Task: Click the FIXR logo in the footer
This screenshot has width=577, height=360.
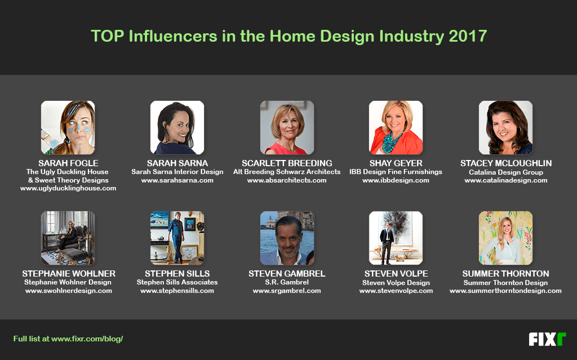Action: click(547, 339)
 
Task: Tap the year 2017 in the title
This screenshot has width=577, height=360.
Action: click(468, 36)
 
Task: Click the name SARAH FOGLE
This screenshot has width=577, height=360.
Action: click(68, 163)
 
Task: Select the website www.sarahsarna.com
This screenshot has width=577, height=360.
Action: click(177, 180)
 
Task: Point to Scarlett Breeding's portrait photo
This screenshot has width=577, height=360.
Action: click(287, 127)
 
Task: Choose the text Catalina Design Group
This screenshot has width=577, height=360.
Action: click(506, 172)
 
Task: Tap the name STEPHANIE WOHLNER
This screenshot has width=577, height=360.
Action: click(69, 273)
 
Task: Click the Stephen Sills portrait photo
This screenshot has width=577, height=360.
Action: click(177, 238)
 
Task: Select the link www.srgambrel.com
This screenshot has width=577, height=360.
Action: click(287, 291)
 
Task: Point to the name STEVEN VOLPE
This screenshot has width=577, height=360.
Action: click(396, 273)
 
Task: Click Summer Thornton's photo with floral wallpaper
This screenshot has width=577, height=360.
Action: click(505, 238)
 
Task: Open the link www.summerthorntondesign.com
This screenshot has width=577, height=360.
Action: click(505, 291)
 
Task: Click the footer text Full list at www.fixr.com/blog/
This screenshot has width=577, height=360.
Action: click(68, 339)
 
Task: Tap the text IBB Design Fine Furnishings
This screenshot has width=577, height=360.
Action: click(396, 172)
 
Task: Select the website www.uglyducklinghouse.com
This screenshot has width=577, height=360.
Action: click(68, 189)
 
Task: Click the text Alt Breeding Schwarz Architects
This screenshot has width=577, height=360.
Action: click(287, 172)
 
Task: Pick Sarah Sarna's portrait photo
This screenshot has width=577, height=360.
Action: click(177, 127)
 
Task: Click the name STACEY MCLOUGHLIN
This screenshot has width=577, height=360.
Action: click(506, 163)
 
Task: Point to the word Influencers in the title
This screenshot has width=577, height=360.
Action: click(173, 36)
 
